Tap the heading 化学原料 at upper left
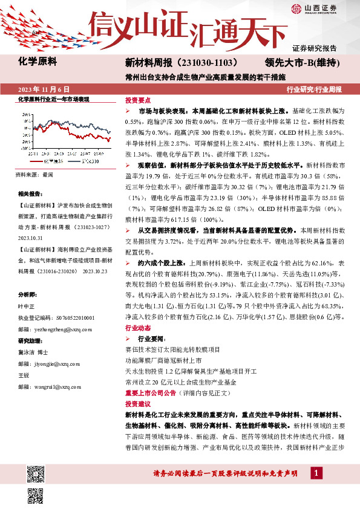tap(37, 61)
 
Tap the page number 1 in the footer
tap(315, 472)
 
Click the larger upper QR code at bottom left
tap(36, 473)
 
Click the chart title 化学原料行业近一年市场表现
tap(53, 98)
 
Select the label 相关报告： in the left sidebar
tap(30, 194)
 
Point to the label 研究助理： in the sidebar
tap(30, 340)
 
